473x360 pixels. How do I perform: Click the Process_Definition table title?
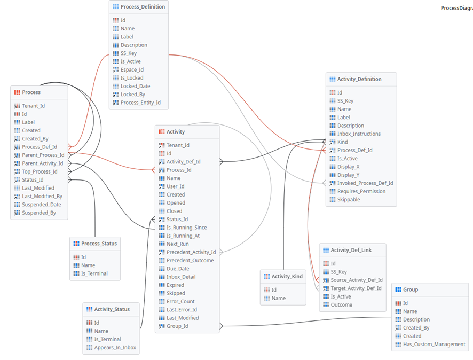click(143, 7)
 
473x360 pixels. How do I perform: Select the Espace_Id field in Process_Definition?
click(132, 69)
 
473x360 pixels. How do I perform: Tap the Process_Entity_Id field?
click(140, 103)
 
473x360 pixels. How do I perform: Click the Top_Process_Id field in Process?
click(40, 171)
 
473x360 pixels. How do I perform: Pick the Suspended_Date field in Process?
click(41, 205)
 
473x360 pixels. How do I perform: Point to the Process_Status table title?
click(99, 244)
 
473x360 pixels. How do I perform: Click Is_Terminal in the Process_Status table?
click(94, 273)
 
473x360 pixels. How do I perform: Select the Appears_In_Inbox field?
click(115, 347)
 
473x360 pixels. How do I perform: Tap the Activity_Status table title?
click(112, 309)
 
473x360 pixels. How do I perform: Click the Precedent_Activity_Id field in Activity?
click(191, 252)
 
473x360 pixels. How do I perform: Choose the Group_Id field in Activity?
click(177, 326)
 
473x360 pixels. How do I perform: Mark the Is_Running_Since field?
click(186, 228)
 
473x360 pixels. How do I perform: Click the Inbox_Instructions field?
click(359, 134)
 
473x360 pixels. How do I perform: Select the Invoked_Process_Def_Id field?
click(365, 183)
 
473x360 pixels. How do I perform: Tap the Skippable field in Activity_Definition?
click(349, 200)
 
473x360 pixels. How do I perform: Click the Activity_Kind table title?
click(287, 277)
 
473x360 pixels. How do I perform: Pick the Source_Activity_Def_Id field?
click(357, 280)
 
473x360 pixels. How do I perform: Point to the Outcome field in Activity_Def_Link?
click(341, 305)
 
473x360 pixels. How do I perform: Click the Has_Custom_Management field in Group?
click(434, 345)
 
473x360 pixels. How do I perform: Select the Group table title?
click(411, 289)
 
